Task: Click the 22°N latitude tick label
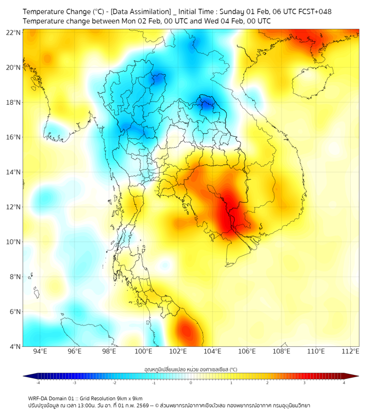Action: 14,32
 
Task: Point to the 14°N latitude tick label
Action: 14,172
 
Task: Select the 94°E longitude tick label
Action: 40,351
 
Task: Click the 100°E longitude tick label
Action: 143,351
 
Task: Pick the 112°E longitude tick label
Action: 350,351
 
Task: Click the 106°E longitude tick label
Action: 247,351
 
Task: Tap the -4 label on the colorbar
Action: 37,383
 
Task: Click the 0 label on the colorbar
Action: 191,383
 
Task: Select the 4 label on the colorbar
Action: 344,383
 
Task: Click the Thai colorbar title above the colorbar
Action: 190,369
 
